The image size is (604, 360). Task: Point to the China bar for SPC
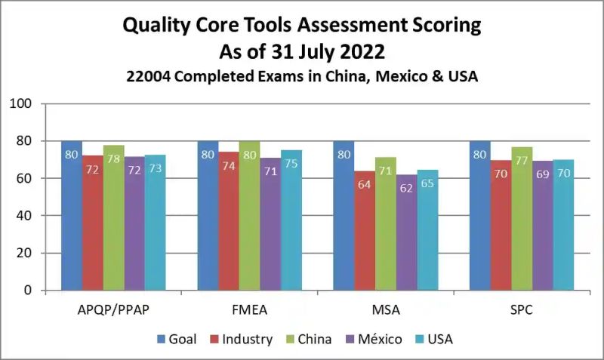(522, 219)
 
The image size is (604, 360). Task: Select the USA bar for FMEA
(291, 220)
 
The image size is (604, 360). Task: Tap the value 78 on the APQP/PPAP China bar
(113, 159)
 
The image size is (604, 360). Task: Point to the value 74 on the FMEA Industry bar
(229, 166)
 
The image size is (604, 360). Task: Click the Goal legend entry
(177, 339)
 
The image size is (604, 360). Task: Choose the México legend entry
(373, 339)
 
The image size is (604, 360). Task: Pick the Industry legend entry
(244, 339)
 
